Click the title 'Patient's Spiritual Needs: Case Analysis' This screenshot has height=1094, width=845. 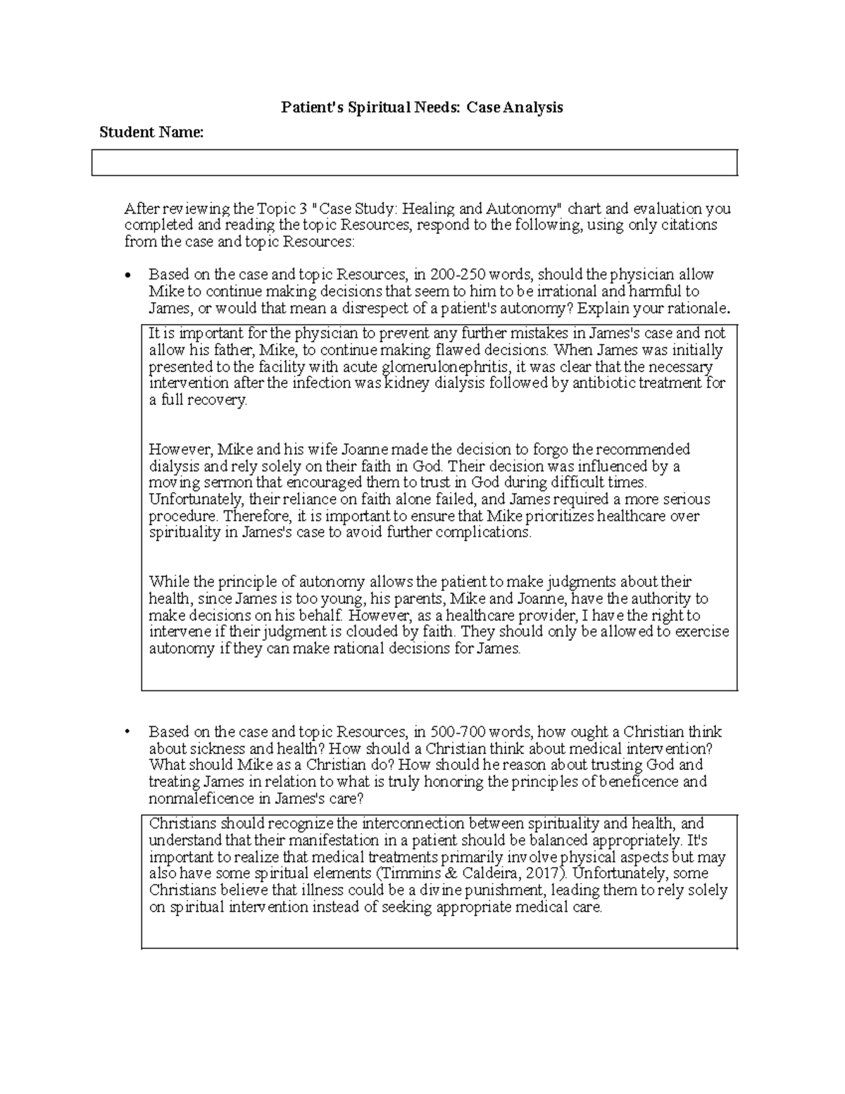click(422, 107)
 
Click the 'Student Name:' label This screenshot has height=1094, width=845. click(151, 132)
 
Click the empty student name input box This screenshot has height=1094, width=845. click(414, 162)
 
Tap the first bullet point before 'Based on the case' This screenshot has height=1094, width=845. click(127, 275)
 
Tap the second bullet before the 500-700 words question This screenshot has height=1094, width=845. click(127, 731)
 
